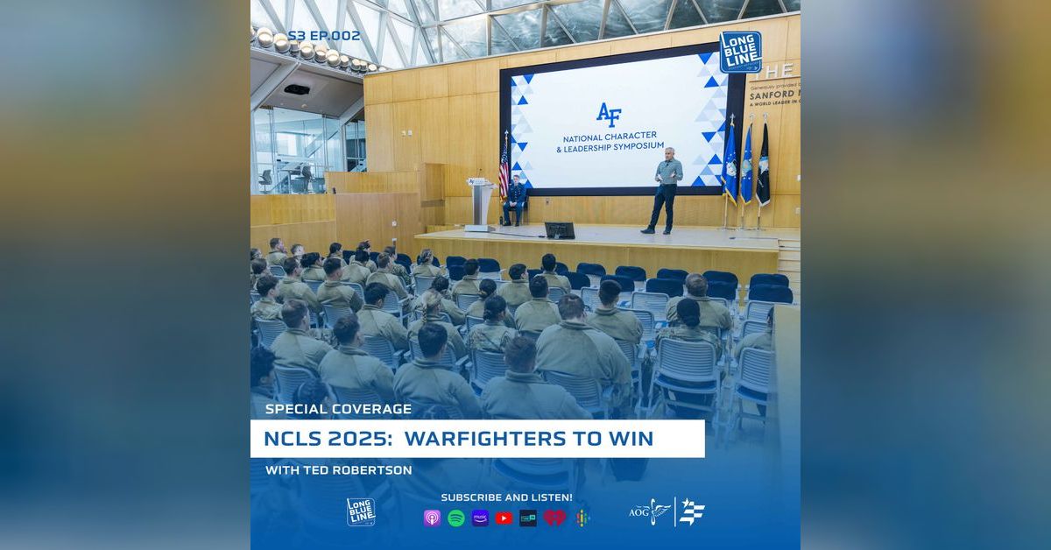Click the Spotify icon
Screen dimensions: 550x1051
(x=455, y=518)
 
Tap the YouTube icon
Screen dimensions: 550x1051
(x=504, y=518)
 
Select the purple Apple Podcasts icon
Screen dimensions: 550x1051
(x=432, y=518)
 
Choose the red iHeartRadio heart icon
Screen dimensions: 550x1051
(x=554, y=518)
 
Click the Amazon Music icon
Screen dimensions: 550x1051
(x=480, y=518)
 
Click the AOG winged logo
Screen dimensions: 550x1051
(x=651, y=511)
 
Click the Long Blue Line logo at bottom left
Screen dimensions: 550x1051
(x=360, y=511)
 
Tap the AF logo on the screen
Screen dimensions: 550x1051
(x=608, y=114)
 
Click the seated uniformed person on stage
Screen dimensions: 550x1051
(x=516, y=200)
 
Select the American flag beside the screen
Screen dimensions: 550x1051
(x=504, y=166)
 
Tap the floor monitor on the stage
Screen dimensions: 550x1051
(x=559, y=230)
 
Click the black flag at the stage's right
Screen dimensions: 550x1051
(x=763, y=165)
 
